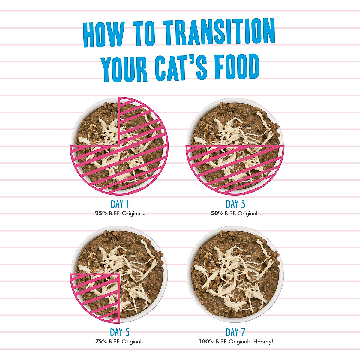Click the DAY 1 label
(x=120, y=205)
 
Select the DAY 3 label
(x=235, y=205)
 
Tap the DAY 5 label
(x=120, y=333)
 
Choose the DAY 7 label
(x=235, y=333)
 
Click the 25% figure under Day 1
(x=100, y=214)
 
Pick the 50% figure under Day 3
(x=217, y=214)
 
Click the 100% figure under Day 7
(x=207, y=342)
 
